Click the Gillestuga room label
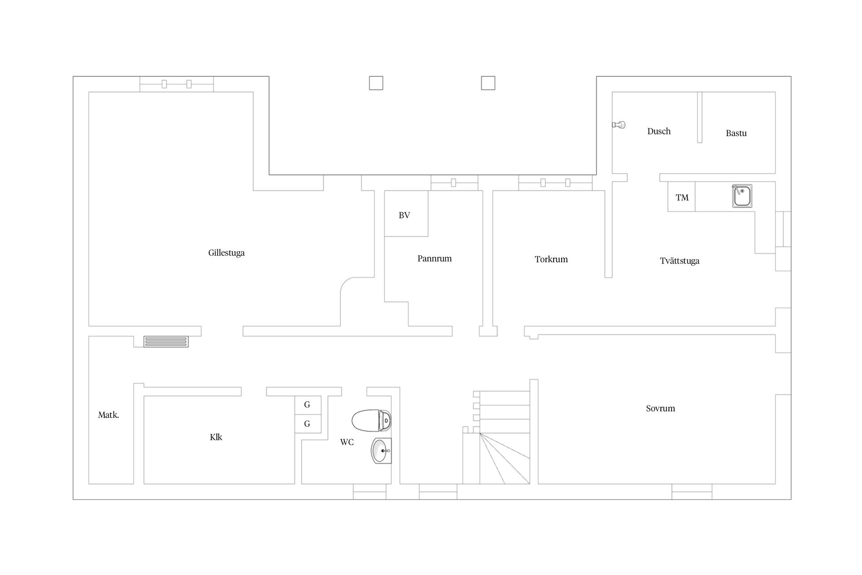pyautogui.click(x=226, y=253)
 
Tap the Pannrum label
pyautogui.click(x=435, y=258)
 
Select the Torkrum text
pyautogui.click(x=551, y=259)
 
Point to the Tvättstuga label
pyautogui.click(x=680, y=261)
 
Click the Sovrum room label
pyautogui.click(x=660, y=408)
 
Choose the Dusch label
pyautogui.click(x=659, y=131)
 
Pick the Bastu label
pyautogui.click(x=736, y=133)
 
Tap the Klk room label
pyautogui.click(x=216, y=437)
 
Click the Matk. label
pyautogui.click(x=109, y=415)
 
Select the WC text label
pyautogui.click(x=347, y=442)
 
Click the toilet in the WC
pyautogui.click(x=371, y=420)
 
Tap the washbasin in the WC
pyautogui.click(x=381, y=451)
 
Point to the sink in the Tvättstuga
pyautogui.click(x=742, y=196)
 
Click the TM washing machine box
pyautogui.click(x=682, y=197)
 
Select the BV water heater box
pyautogui.click(x=406, y=214)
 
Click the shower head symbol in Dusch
pyautogui.click(x=619, y=125)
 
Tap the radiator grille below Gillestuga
pyautogui.click(x=166, y=342)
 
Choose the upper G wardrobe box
pyautogui.click(x=308, y=405)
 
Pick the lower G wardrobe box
pyautogui.click(x=308, y=424)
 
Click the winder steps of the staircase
pyautogui.click(x=505, y=459)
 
